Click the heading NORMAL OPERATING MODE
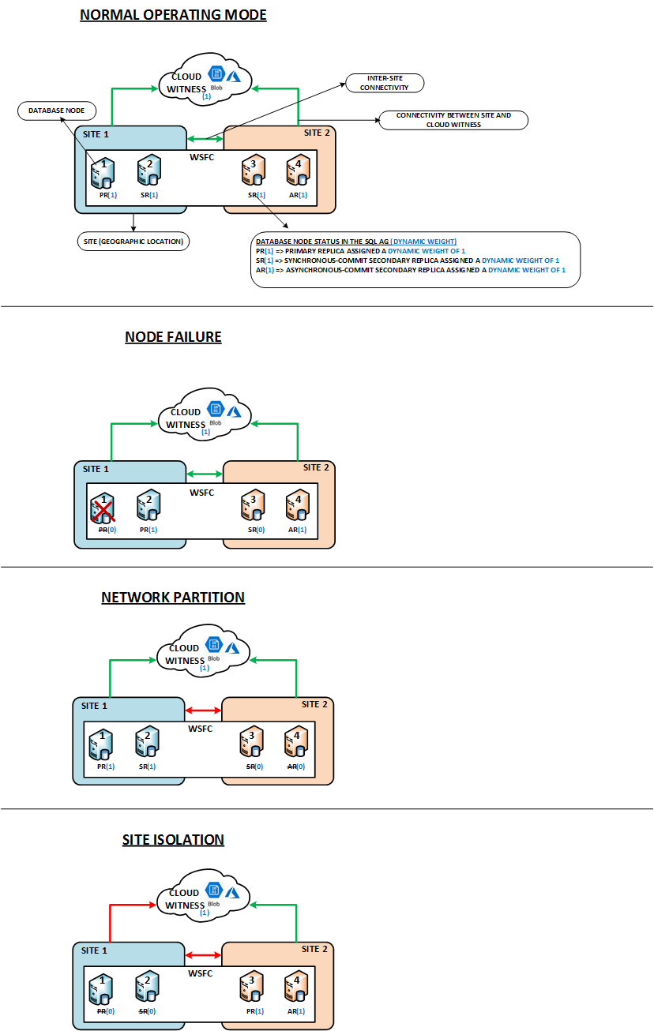pyautogui.click(x=173, y=15)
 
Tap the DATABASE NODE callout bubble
pyautogui.click(x=51, y=111)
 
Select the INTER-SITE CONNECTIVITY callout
pyautogui.click(x=383, y=83)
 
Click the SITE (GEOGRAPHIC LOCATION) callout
pyautogui.click(x=133, y=241)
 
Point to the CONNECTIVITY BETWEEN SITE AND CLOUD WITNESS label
pyautogui.click(x=453, y=120)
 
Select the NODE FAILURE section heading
pyautogui.click(x=173, y=337)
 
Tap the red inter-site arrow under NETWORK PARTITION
pyautogui.click(x=203, y=712)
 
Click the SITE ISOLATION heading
pyautogui.click(x=173, y=840)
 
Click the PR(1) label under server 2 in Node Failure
pyautogui.click(x=148, y=530)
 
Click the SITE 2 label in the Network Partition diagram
pyautogui.click(x=314, y=704)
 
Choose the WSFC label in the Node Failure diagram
pyautogui.click(x=201, y=492)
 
